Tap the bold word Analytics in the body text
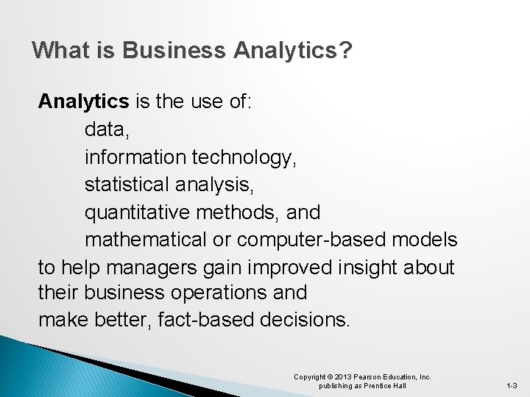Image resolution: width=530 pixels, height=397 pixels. [83, 101]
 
